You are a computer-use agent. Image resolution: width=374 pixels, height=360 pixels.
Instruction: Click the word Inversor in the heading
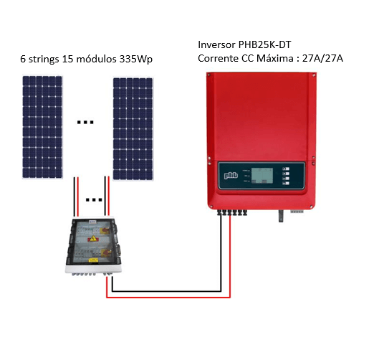click(x=216, y=44)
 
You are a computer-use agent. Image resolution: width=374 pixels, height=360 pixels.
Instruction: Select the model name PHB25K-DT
click(x=264, y=44)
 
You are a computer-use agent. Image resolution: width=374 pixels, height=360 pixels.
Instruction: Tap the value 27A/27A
click(x=322, y=58)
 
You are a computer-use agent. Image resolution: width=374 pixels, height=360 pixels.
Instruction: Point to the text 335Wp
click(x=136, y=60)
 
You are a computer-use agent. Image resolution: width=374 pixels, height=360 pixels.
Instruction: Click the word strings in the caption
click(x=44, y=60)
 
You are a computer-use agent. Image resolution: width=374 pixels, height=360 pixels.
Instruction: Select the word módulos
click(x=96, y=59)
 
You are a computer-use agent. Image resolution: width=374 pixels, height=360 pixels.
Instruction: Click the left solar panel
click(x=42, y=127)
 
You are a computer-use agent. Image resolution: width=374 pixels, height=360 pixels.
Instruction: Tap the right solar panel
click(x=133, y=129)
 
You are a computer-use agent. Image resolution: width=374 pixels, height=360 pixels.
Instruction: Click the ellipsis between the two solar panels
click(x=85, y=123)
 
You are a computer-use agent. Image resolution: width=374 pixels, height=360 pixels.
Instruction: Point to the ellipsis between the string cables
click(x=94, y=200)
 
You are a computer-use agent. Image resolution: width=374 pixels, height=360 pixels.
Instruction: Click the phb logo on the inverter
click(x=231, y=176)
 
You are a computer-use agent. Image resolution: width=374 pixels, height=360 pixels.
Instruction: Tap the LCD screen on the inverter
click(x=262, y=176)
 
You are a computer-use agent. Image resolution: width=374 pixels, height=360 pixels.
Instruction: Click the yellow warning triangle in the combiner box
click(x=93, y=238)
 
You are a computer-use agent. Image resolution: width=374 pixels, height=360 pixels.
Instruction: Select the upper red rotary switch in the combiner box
click(x=105, y=231)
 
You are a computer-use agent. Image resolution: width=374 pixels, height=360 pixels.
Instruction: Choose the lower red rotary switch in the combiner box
click(x=105, y=252)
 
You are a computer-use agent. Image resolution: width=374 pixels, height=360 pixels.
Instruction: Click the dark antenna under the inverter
click(x=281, y=216)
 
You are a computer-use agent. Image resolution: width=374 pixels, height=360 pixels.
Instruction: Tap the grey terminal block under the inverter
click(x=297, y=211)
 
